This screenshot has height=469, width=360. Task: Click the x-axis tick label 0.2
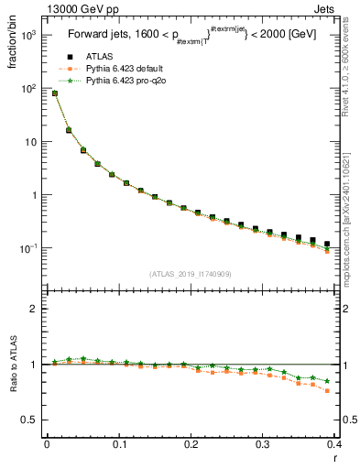(x=191, y=444)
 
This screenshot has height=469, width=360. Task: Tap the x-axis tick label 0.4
(x=333, y=444)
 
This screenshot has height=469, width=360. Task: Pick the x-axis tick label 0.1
(x=118, y=444)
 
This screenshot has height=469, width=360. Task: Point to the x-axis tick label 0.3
(x=263, y=444)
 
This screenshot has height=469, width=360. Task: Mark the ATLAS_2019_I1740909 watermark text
(x=191, y=273)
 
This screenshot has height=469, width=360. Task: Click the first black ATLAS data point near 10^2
(x=54, y=93)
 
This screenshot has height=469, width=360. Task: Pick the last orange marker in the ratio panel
(x=327, y=391)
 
